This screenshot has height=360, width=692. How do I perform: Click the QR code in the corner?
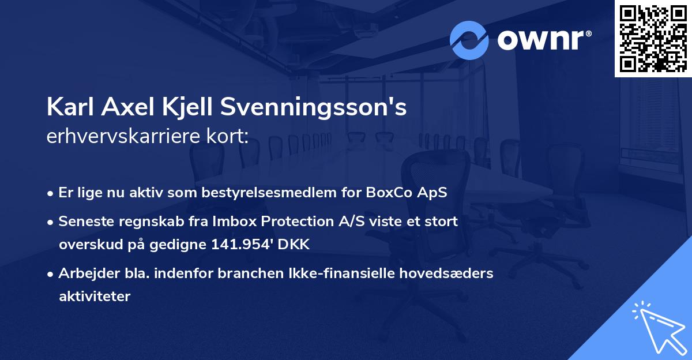[x=653, y=38]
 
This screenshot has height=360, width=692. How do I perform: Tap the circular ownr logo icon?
[x=469, y=40]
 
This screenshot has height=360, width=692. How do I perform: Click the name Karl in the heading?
[x=70, y=107]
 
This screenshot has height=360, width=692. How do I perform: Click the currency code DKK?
[x=295, y=245]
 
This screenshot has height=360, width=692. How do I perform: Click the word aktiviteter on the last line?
[x=95, y=297]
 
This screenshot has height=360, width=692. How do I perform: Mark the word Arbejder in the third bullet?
[x=84, y=273]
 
